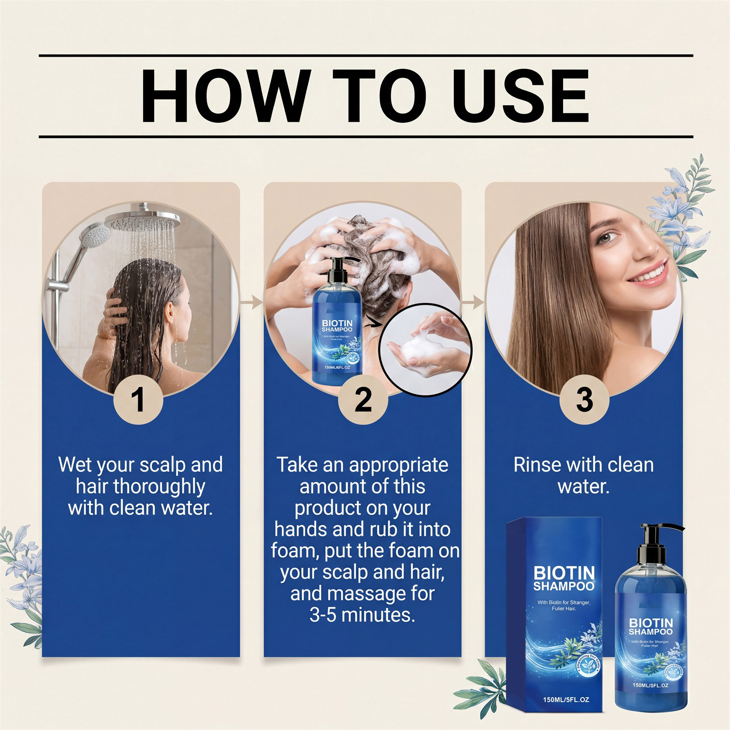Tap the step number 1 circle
138,400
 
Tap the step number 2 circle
363,400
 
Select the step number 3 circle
584,400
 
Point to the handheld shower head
94,237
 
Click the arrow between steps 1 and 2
252,302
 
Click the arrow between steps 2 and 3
473,302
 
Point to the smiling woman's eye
610,237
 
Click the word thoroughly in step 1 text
141,486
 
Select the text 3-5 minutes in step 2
362,615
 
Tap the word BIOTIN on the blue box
564,573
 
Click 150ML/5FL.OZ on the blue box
566,699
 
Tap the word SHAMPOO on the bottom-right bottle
651,632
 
